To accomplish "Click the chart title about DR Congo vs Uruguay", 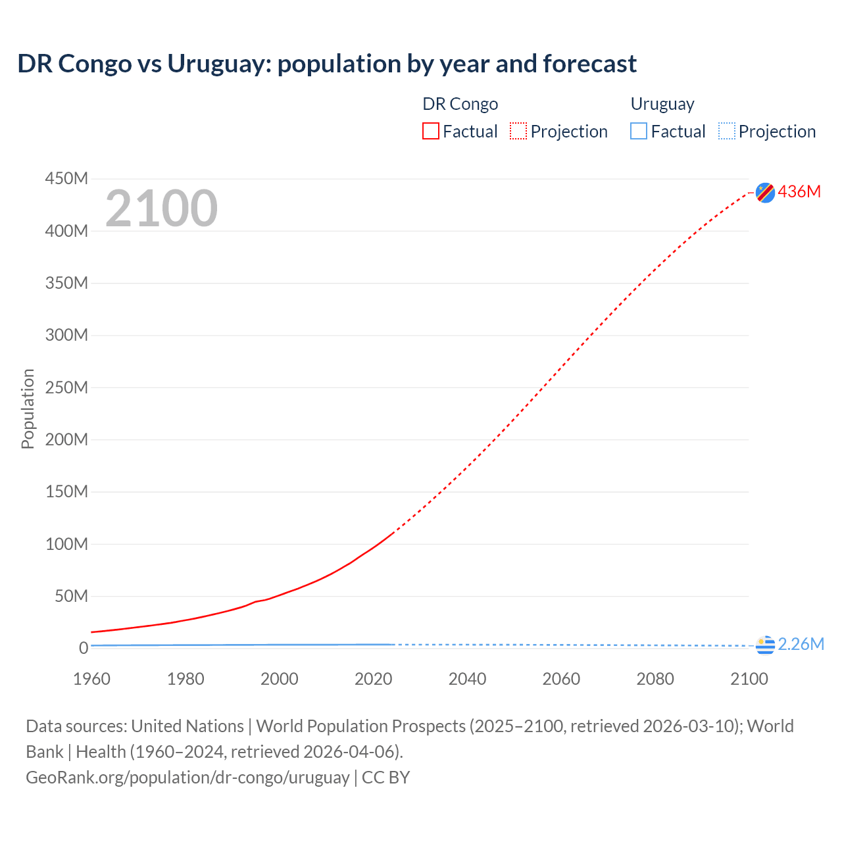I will [327, 64].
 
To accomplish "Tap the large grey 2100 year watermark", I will [161, 209].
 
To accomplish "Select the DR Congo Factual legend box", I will [431, 131].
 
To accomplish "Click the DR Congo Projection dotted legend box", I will [518, 131].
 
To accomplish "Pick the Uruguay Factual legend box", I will [639, 131].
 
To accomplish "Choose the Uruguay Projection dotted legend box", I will [727, 131].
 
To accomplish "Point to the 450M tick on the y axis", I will [66, 178].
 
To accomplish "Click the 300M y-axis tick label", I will [66, 335].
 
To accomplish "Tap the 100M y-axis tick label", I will [66, 544].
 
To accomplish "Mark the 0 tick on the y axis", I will [83, 648].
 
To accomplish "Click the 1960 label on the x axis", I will [91, 679].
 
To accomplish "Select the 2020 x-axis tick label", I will [373, 679].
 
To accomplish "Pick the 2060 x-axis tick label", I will [561, 679].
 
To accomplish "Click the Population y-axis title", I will [28, 409].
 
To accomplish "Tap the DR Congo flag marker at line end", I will [765, 192].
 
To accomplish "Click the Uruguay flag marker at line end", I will [765, 645].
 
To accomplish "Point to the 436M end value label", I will [799, 191].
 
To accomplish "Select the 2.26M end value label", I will [801, 644].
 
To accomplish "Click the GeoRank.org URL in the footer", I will [187, 777].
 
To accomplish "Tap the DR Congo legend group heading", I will [460, 104].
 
